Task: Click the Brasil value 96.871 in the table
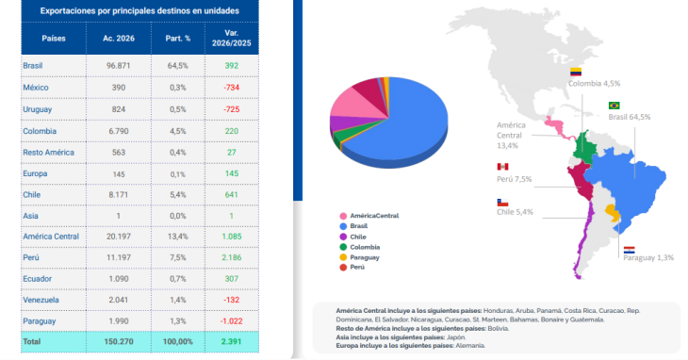pos(119,66)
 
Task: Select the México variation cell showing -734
pos(231,88)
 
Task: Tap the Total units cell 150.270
pos(119,341)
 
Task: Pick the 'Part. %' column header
pos(178,39)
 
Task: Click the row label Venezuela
pos(41,300)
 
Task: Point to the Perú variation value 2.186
pos(231,257)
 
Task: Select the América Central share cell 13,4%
pos(178,237)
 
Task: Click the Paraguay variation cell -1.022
pos(231,321)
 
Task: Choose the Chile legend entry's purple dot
pos(343,237)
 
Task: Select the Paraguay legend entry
pos(359,257)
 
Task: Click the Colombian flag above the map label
pos(576,72)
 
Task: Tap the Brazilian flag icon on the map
pos(614,106)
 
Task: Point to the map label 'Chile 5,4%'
pos(516,212)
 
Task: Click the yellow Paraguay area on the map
pos(612,212)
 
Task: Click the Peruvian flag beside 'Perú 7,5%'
pos(502,167)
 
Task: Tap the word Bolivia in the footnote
pos(498,328)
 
